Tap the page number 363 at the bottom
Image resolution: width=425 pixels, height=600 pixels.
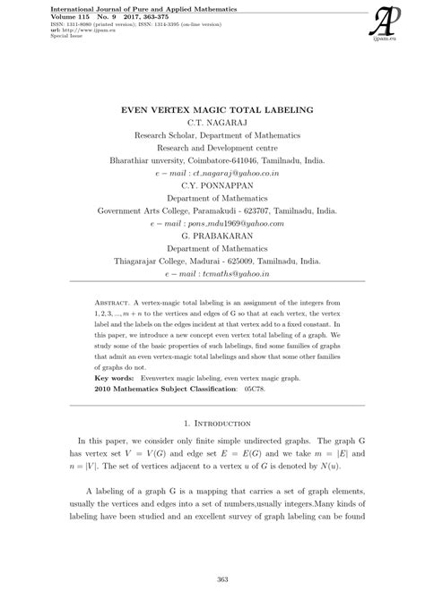coord(212,583)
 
